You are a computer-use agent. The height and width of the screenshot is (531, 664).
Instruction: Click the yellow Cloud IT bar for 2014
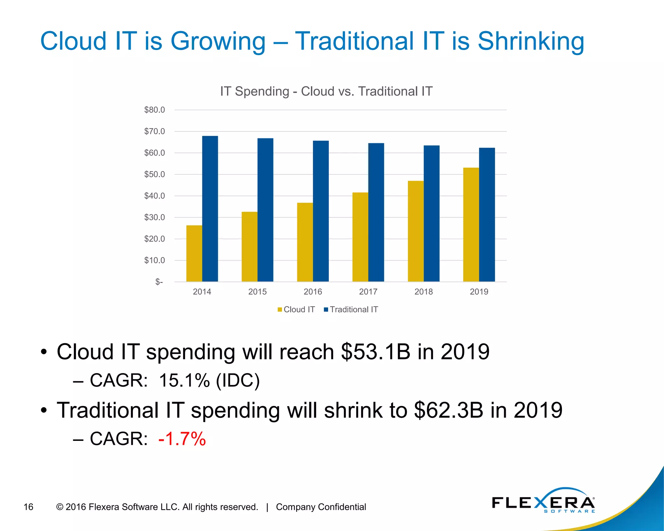[194, 253]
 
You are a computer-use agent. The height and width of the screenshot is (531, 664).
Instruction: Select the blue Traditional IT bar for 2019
[487, 215]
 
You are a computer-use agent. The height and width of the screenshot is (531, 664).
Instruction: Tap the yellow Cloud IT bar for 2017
[360, 237]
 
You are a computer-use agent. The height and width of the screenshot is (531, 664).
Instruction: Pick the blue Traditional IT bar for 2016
[321, 211]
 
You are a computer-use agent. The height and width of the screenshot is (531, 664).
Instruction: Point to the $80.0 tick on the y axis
[154, 110]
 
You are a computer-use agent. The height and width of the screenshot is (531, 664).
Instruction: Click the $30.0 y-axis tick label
[154, 217]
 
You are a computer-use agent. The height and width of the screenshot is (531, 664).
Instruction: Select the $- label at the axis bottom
[159, 282]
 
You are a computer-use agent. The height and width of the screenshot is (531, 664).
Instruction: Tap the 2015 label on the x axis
[257, 291]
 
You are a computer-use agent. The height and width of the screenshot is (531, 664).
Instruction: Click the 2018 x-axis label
[423, 291]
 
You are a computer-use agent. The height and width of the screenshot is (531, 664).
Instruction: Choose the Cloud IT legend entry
[296, 309]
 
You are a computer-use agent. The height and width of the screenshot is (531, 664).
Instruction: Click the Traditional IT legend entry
[351, 309]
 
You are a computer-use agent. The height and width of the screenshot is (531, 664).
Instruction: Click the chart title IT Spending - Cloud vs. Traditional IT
[326, 91]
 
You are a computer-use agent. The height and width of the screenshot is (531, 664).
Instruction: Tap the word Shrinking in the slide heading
[531, 41]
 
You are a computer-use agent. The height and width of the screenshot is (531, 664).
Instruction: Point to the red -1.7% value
[182, 439]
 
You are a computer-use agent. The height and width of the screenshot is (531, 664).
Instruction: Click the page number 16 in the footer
[29, 507]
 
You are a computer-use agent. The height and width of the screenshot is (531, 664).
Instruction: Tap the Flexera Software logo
[543, 502]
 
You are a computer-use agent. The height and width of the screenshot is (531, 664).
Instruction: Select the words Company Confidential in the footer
[321, 507]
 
